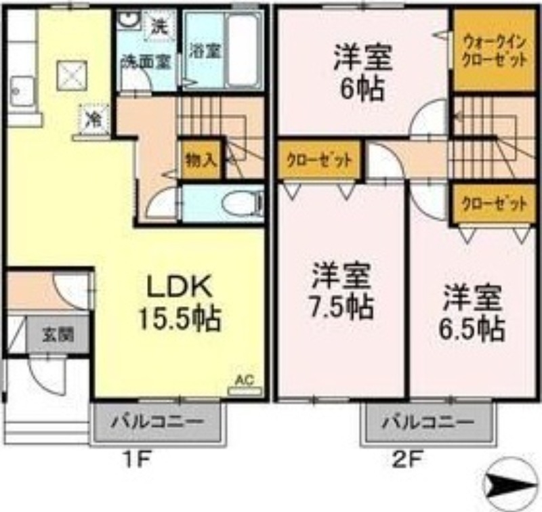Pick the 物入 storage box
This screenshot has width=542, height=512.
(x=201, y=160)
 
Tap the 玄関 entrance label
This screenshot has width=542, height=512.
(x=58, y=335)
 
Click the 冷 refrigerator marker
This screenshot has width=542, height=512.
(x=92, y=118)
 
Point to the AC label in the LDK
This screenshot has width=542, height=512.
(x=243, y=380)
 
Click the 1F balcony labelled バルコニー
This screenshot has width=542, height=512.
(x=157, y=422)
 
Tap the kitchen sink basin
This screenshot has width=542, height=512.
(x=22, y=89)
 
